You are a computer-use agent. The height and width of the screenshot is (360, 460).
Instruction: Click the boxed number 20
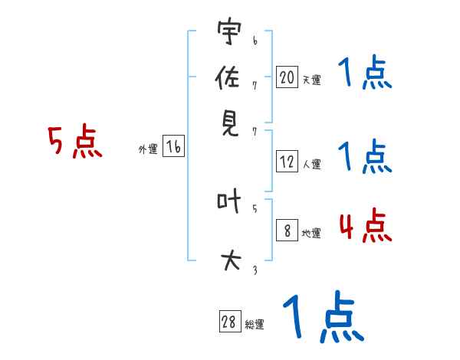tap(287, 77)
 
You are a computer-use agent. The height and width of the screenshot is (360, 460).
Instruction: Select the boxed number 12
tap(287, 161)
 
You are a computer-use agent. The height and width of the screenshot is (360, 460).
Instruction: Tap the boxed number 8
tap(287, 231)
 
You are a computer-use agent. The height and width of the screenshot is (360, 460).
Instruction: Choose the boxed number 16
tap(173, 148)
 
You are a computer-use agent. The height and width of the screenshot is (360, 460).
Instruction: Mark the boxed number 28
tap(228, 322)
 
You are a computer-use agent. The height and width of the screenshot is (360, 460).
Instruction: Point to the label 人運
tap(311, 163)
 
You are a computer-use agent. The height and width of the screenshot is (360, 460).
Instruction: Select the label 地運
tap(311, 233)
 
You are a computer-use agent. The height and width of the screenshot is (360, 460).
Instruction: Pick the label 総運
tap(254, 325)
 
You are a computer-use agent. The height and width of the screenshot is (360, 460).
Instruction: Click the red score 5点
tap(74, 142)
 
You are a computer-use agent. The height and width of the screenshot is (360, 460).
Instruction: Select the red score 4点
tap(365, 226)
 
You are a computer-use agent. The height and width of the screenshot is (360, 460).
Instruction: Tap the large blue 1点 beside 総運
tap(322, 316)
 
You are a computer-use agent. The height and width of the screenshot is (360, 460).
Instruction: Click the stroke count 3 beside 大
tap(254, 270)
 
